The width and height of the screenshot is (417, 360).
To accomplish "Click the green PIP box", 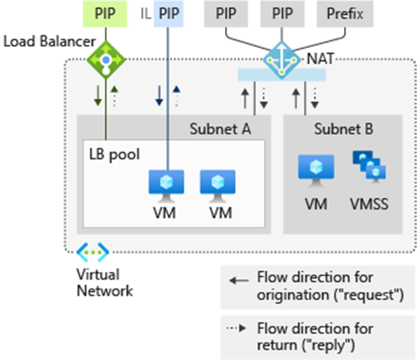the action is click(x=105, y=14).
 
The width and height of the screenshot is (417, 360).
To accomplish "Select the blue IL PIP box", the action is click(x=168, y=14).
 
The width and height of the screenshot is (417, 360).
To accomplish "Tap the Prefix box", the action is click(x=345, y=14).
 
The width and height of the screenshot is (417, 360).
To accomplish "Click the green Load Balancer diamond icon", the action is click(x=106, y=60).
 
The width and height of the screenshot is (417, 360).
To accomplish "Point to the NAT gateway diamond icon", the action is click(x=281, y=60).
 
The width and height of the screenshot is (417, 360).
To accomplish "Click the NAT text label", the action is click(x=320, y=59).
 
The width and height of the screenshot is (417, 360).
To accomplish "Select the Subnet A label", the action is click(x=221, y=129).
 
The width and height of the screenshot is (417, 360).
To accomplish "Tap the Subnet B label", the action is click(x=343, y=129).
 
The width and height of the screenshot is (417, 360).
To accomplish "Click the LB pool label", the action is click(x=115, y=155).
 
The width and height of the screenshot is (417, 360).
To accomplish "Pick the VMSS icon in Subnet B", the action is click(x=369, y=167).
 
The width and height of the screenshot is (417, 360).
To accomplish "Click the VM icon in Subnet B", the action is click(x=316, y=171).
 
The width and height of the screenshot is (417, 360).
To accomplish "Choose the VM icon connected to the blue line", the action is click(x=166, y=186).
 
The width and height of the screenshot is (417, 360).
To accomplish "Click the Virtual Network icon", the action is click(x=93, y=253).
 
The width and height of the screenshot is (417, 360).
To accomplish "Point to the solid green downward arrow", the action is click(x=98, y=95).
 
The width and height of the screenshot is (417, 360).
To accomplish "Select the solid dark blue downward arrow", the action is click(x=160, y=95).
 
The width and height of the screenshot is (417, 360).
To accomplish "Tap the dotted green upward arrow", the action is click(x=115, y=96).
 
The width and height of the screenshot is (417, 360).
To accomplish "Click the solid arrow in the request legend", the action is click(x=239, y=281).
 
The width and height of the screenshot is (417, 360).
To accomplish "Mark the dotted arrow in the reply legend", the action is click(x=237, y=328).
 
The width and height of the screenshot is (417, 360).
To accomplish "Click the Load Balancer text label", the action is click(x=50, y=42).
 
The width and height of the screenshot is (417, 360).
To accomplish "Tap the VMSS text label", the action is click(x=369, y=204).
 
